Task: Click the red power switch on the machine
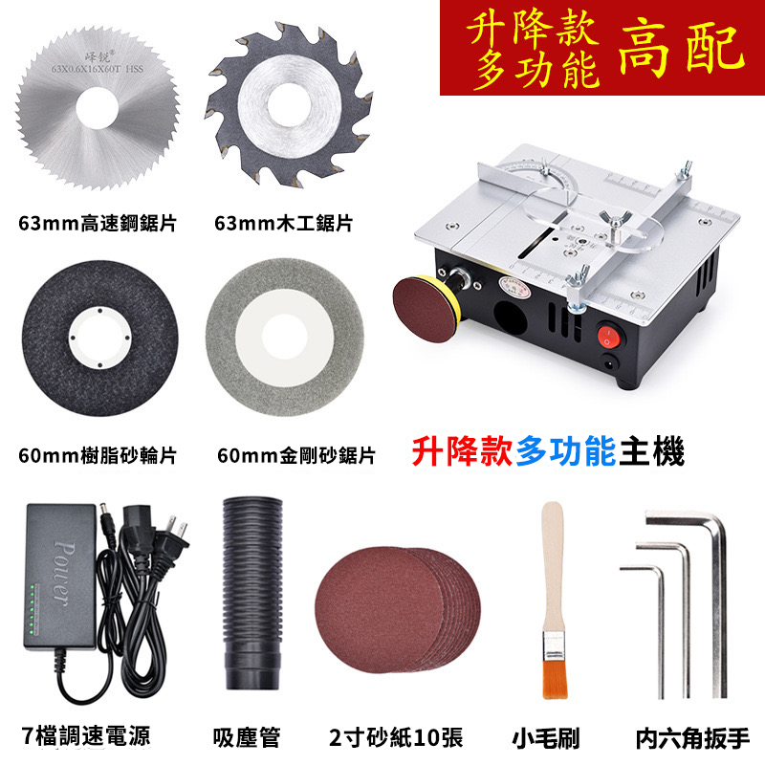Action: pos(609,337)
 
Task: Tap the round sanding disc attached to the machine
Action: pos(423,309)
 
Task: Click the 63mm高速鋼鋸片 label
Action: pos(98,223)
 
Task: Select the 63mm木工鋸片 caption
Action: pos(283,223)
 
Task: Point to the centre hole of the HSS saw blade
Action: pos(98,108)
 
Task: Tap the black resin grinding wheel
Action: pos(100,339)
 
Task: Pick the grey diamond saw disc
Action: pos(285,337)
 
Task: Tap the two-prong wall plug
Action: pos(172,535)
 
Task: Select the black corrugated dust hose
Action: pos(252,593)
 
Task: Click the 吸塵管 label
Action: pos(247,736)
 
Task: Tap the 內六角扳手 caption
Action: pos(692,737)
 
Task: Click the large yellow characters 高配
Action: pos(682,49)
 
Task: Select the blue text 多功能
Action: pos(566,451)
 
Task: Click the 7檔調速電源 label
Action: pos(86,735)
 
